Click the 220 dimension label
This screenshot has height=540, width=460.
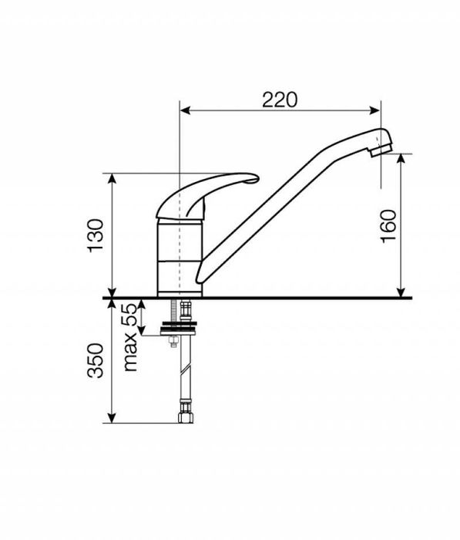click(x=280, y=100)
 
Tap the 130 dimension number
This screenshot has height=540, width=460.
click(x=96, y=236)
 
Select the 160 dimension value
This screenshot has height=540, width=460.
click(x=389, y=226)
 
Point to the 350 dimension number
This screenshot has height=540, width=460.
click(x=96, y=360)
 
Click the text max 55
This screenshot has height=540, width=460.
click(x=131, y=337)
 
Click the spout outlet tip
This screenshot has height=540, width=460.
click(x=381, y=151)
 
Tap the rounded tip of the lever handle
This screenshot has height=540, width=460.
click(x=254, y=178)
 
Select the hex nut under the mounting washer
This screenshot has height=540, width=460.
click(x=173, y=342)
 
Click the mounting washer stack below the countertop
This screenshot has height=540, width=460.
click(x=179, y=328)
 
